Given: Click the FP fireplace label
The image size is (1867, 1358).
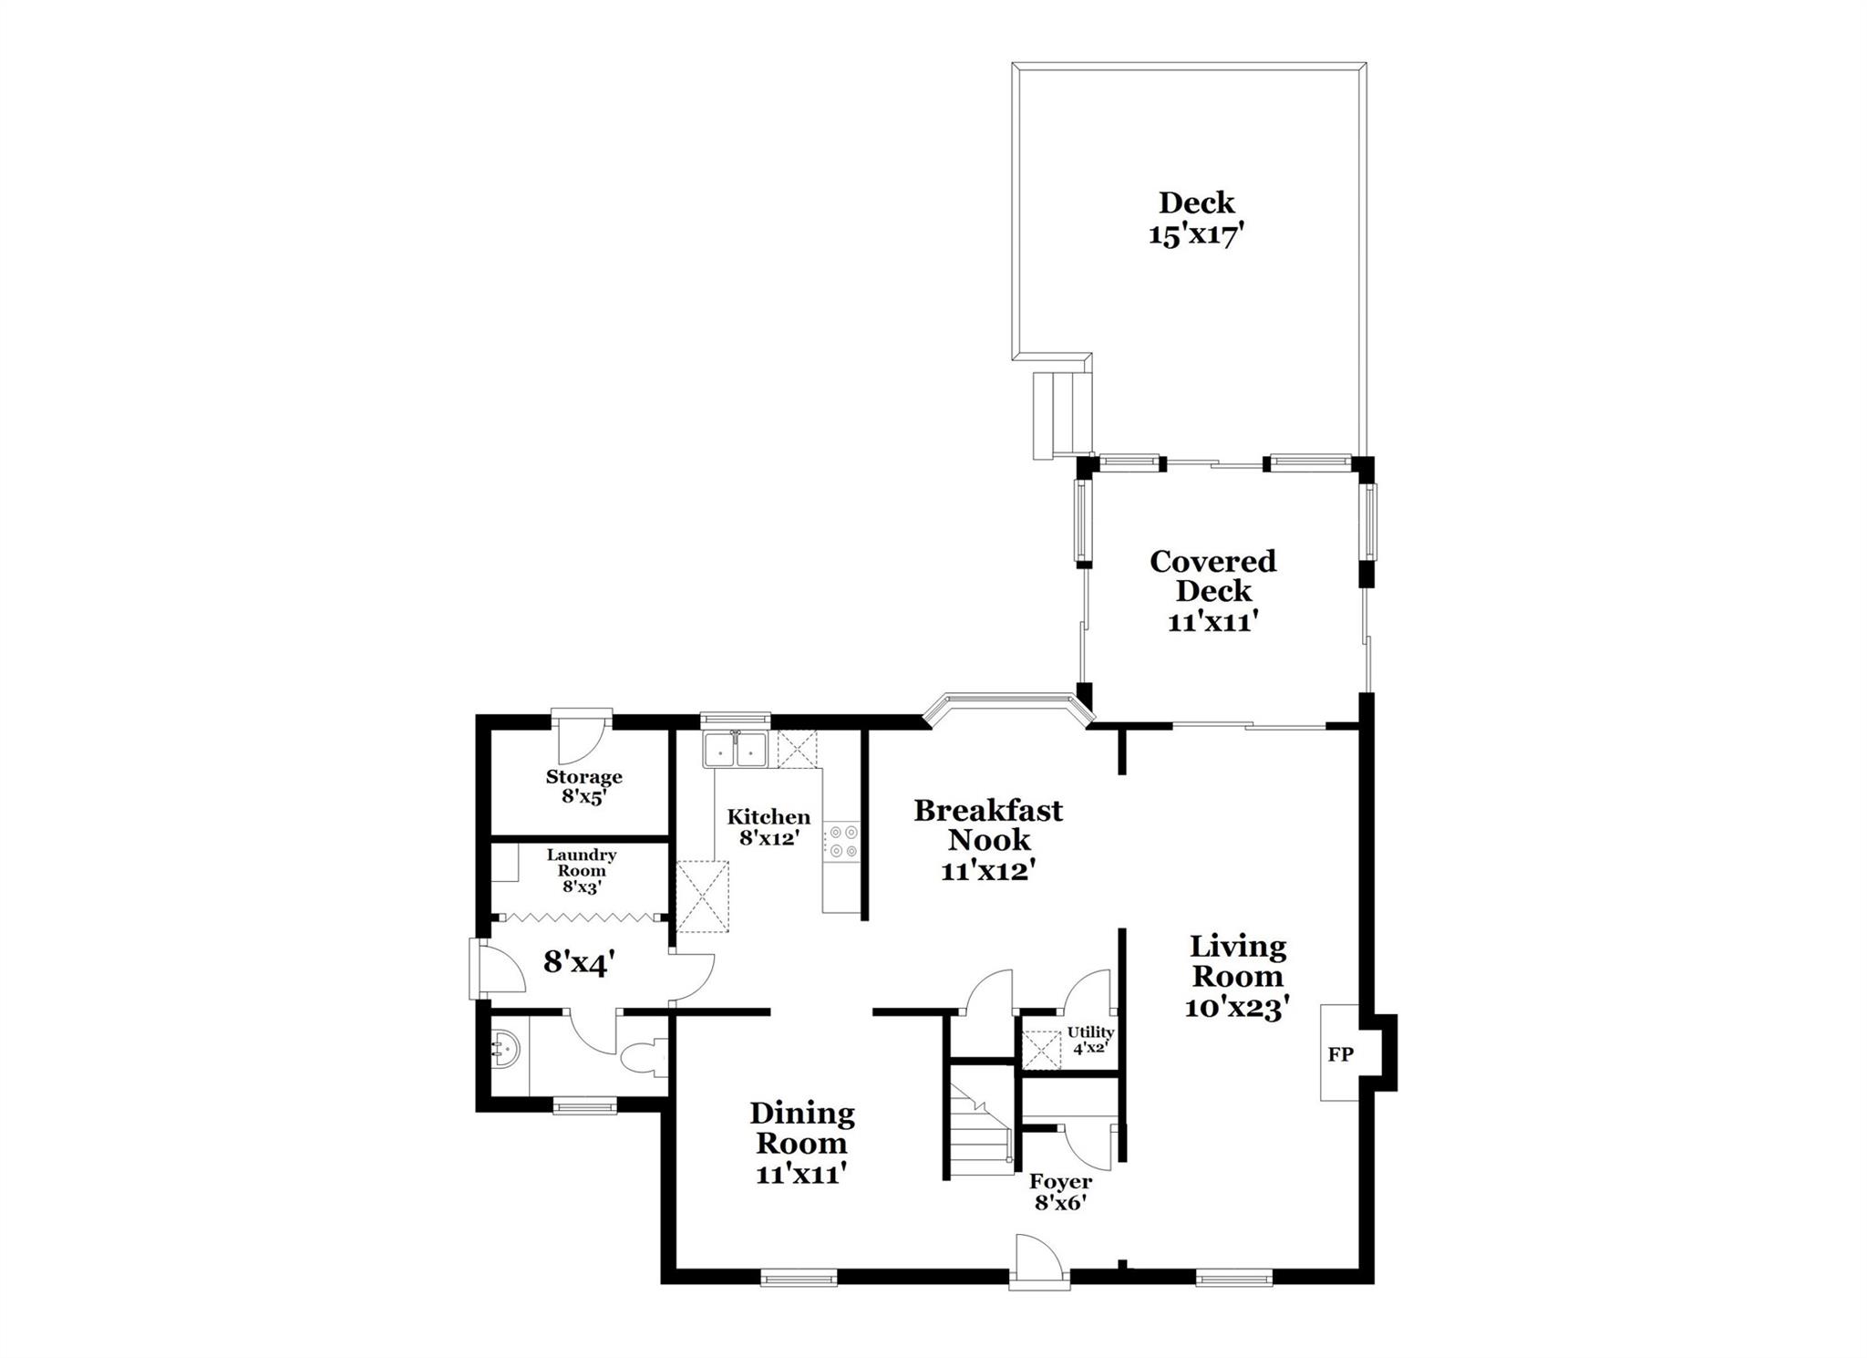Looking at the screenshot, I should (x=1340, y=1054).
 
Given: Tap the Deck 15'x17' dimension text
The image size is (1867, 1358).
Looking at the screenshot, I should (x=1196, y=235).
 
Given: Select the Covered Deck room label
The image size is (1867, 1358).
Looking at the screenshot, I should (x=1212, y=575).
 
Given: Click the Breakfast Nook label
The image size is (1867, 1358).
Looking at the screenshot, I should (x=988, y=824).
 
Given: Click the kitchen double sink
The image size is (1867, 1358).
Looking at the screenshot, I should (x=735, y=750).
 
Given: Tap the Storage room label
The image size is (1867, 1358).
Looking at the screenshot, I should (x=583, y=777).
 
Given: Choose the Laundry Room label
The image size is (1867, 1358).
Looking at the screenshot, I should (x=582, y=863).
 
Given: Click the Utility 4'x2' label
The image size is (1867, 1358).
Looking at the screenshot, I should (x=1090, y=1040).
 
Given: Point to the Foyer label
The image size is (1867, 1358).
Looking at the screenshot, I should (x=1061, y=1182).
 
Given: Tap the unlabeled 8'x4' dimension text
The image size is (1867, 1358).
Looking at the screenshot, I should (x=578, y=963).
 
